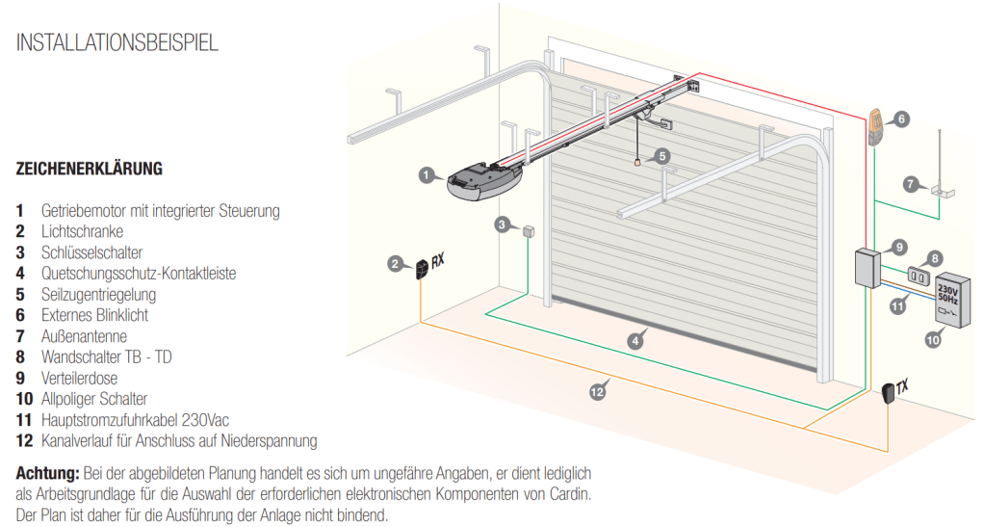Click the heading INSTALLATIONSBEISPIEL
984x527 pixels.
click(x=117, y=43)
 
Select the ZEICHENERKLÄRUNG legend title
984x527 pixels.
click(x=89, y=169)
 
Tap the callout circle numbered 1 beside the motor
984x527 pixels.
click(x=426, y=174)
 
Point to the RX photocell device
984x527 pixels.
click(x=423, y=268)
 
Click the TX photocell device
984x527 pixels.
click(x=889, y=394)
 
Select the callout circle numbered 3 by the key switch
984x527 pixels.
click(x=502, y=225)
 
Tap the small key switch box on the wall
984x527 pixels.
click(x=528, y=231)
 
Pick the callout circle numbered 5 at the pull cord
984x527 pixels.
click(x=661, y=155)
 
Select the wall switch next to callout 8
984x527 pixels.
click(x=915, y=277)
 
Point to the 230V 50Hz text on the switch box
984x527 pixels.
click(x=947, y=294)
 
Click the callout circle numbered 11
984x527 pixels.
click(x=897, y=306)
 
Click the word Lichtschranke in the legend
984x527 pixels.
click(x=82, y=231)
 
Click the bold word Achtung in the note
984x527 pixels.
click(x=47, y=474)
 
